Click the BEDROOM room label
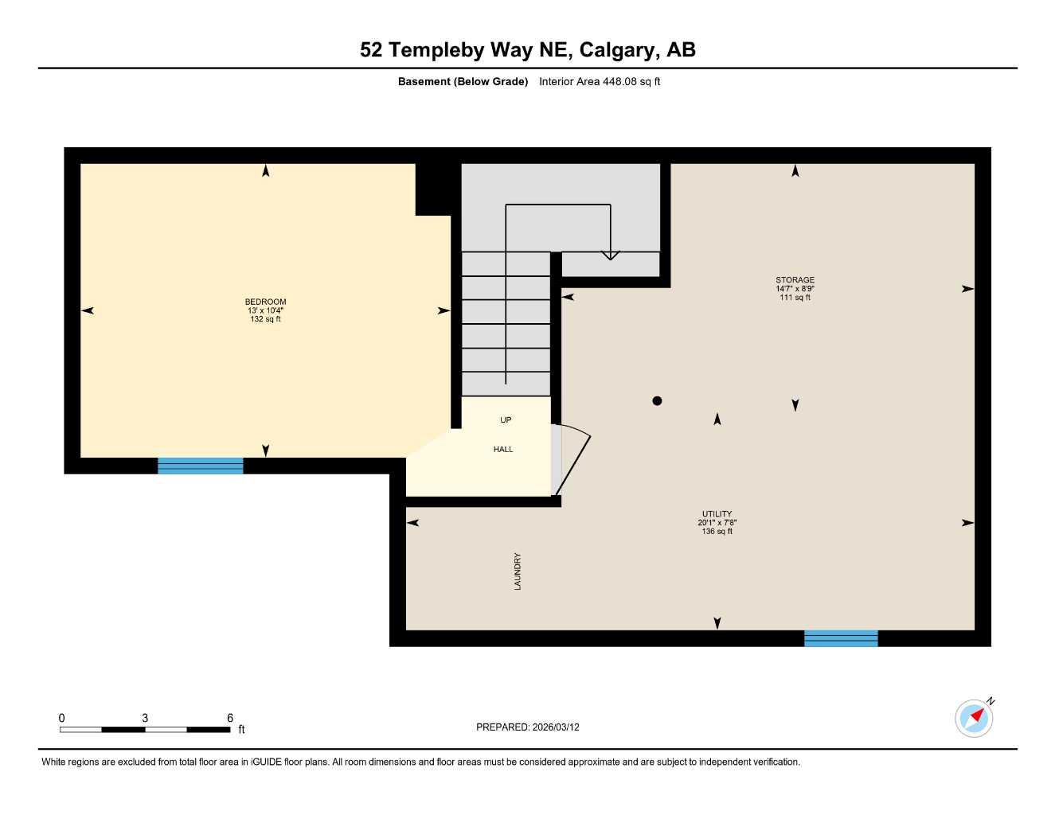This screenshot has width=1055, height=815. (265, 302)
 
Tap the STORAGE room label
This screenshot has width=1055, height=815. (795, 280)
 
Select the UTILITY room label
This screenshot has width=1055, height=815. (717, 514)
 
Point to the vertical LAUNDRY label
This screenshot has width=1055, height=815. (518, 571)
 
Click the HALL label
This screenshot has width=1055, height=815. (503, 450)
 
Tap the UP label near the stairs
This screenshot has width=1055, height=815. (506, 420)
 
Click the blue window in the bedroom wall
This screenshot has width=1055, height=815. (201, 466)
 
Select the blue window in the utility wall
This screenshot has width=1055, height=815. (841, 638)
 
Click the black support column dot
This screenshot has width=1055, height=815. (657, 401)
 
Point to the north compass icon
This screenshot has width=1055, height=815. (974, 718)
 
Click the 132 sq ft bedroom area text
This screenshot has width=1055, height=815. (265, 319)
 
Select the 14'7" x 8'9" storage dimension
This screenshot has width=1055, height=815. (795, 289)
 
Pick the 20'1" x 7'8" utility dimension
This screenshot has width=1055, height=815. (717, 523)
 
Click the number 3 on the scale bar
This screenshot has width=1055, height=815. (145, 718)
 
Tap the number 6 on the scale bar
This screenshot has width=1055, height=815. (230, 718)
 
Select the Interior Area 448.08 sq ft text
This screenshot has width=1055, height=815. (600, 81)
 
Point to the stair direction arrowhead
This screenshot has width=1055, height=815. (610, 255)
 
